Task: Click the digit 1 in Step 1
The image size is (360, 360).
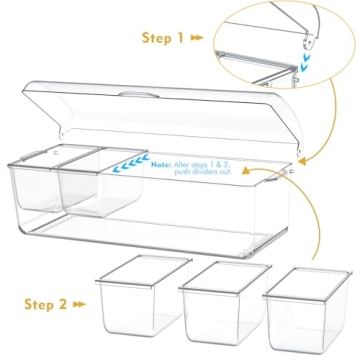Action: [x=180, y=38]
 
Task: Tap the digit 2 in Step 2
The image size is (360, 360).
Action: [x=63, y=304]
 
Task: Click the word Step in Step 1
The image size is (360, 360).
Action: [x=156, y=38]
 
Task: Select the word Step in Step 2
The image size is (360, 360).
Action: [x=38, y=305]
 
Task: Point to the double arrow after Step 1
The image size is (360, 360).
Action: [x=197, y=38]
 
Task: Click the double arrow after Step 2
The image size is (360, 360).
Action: [x=79, y=304]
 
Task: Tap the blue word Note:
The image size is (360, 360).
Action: [x=161, y=165]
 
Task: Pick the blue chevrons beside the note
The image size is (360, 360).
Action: [x=130, y=162]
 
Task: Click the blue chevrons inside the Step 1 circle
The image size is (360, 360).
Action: [x=305, y=63]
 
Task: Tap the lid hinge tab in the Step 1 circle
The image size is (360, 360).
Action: [x=310, y=42]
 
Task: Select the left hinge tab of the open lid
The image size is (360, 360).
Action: [x=62, y=132]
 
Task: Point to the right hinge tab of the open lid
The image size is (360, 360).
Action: [x=299, y=150]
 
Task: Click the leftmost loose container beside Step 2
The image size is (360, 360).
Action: [x=143, y=295]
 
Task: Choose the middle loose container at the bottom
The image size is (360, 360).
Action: [x=225, y=303]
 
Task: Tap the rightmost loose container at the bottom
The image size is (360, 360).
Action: [x=307, y=310]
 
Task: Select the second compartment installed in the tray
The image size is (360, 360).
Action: [x=100, y=183]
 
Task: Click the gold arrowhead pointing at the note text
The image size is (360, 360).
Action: [x=246, y=171]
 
